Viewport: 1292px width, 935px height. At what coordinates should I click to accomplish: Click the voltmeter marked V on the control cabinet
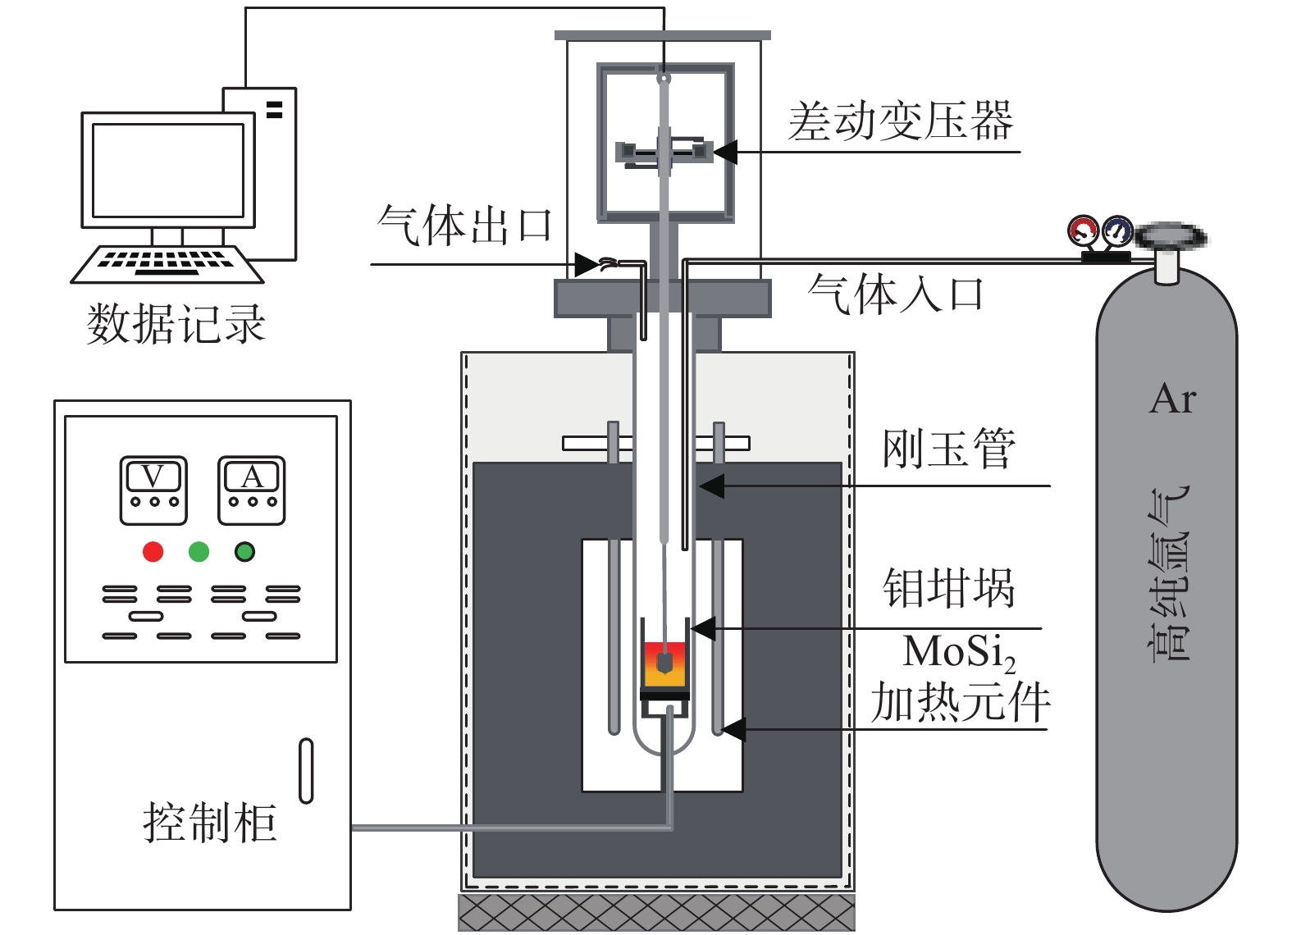tap(153, 490)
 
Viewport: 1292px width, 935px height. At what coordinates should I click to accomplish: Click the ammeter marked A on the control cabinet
tap(251, 490)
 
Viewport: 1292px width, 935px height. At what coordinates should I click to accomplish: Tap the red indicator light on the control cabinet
tap(153, 552)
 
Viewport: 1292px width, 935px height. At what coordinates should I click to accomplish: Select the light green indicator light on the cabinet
tap(199, 552)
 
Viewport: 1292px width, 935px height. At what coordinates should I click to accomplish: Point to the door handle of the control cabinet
tap(306, 770)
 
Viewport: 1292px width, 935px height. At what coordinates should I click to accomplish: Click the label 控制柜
tap(209, 822)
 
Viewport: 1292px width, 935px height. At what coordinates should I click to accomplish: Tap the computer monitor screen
tap(168, 170)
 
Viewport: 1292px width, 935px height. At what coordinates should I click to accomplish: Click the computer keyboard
tap(167, 262)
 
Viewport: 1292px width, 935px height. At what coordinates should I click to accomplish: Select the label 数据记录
tap(176, 323)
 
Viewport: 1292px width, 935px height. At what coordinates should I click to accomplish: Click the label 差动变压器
tap(901, 121)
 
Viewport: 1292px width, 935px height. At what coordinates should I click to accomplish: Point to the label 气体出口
tap(464, 226)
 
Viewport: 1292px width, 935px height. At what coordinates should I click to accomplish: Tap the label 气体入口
tap(895, 294)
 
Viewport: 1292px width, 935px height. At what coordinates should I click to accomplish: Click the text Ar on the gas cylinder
tap(1173, 399)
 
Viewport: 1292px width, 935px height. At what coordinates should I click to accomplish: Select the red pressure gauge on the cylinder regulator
tap(1083, 230)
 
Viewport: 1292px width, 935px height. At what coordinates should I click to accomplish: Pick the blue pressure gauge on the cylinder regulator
tap(1116, 230)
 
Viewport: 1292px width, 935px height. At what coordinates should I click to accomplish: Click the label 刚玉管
tap(948, 449)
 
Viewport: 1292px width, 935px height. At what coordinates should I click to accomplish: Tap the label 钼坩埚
tap(948, 588)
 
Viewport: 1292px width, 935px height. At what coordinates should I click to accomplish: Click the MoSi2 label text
tap(958, 653)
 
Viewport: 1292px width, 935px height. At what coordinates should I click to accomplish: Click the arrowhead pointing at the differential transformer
tap(724, 152)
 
